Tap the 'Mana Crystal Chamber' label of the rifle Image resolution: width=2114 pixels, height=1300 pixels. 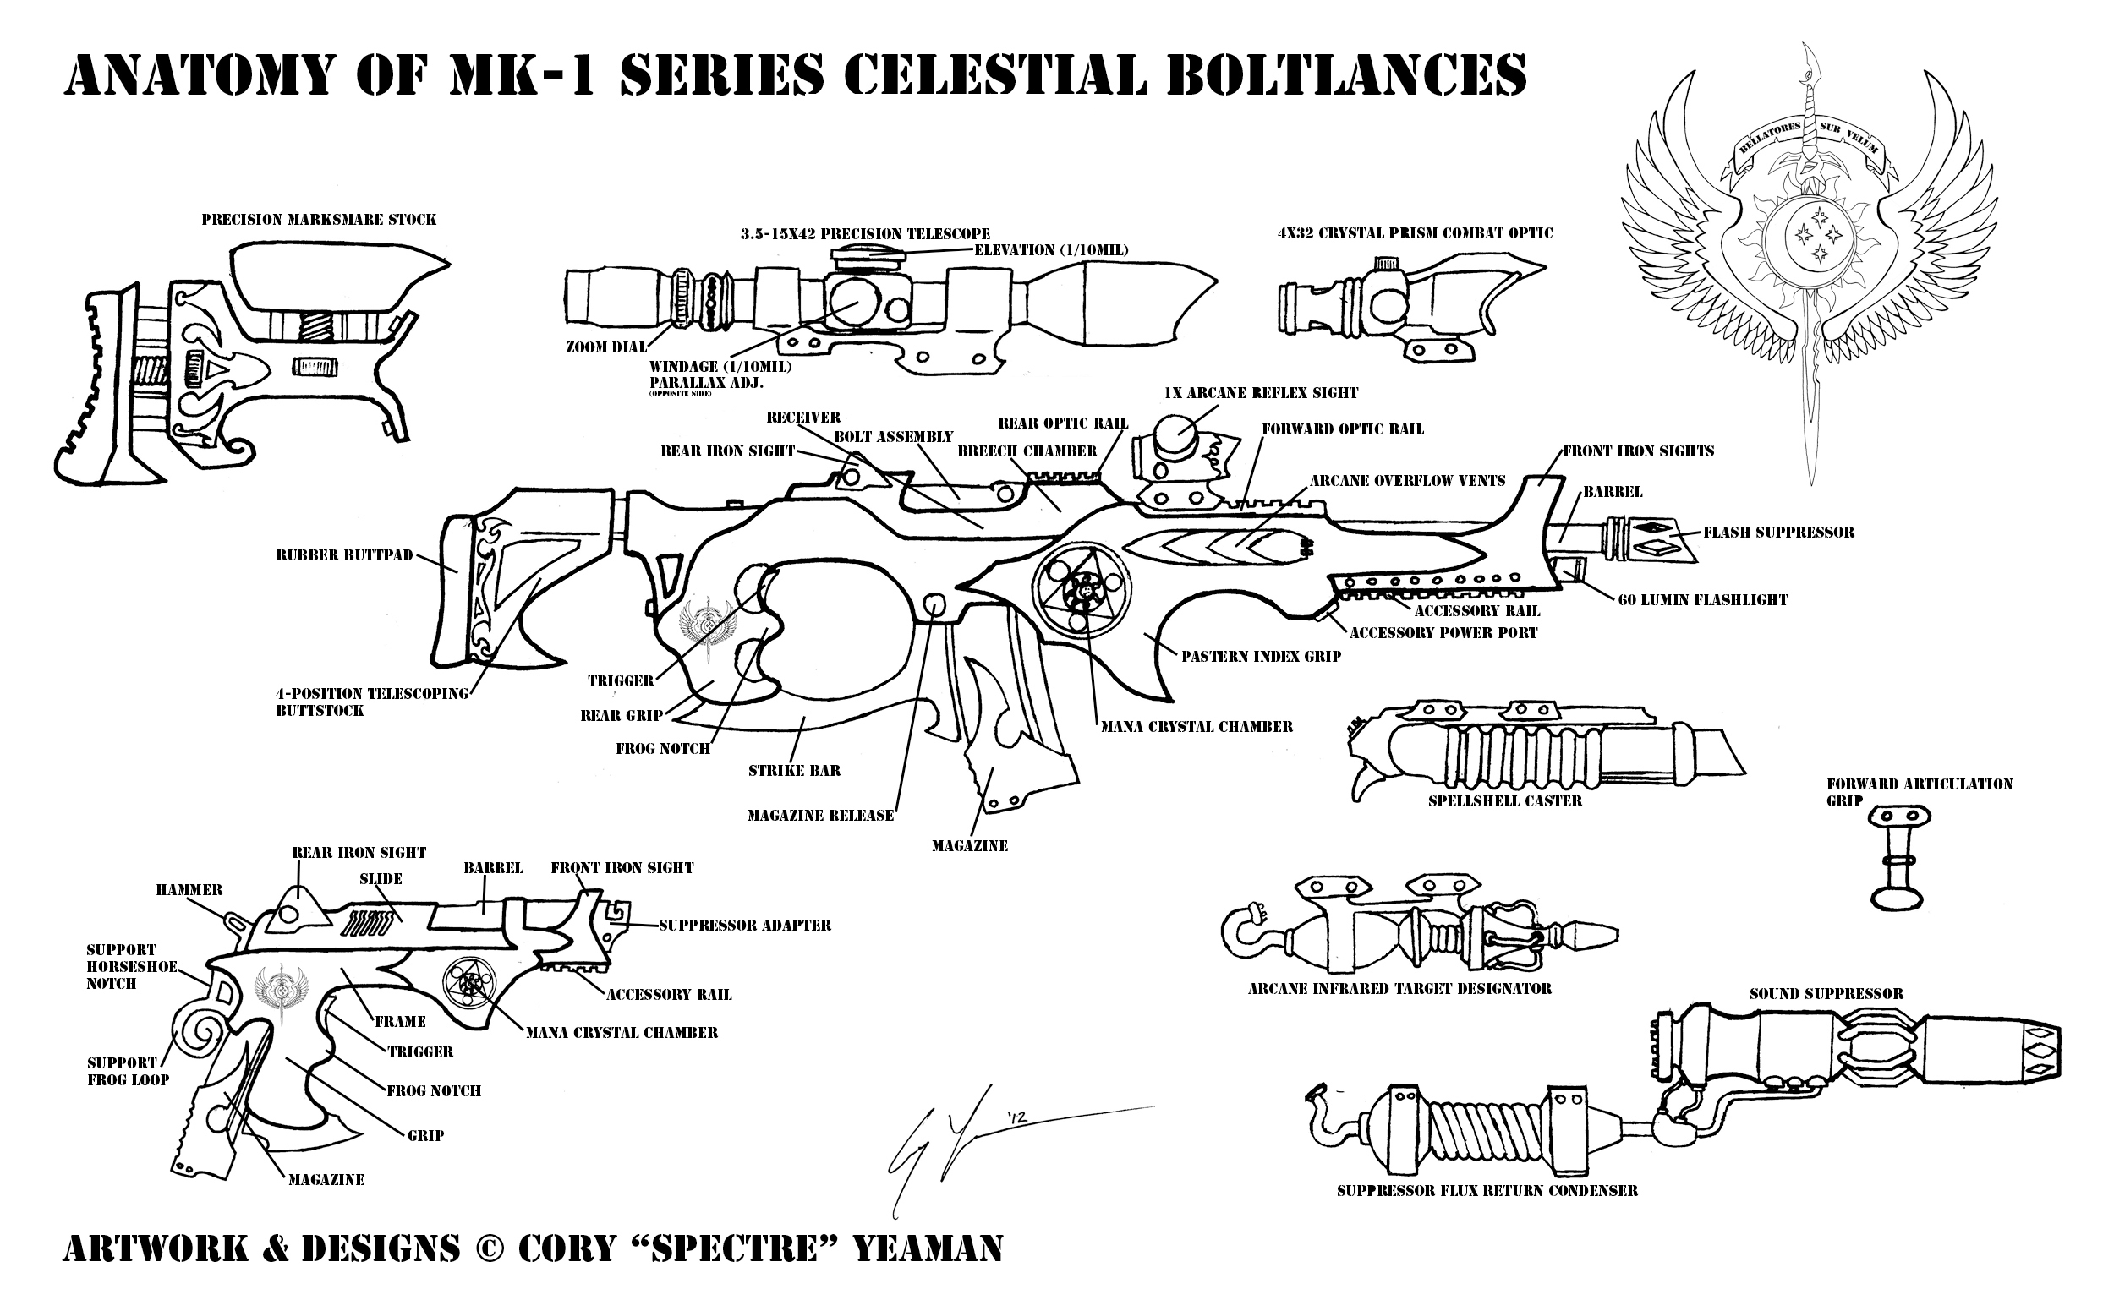click(x=1197, y=727)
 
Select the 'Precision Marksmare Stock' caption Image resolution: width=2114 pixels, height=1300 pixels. click(x=318, y=219)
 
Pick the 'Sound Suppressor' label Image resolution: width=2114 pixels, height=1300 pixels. click(x=1826, y=994)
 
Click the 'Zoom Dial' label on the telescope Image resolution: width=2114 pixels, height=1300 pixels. click(x=605, y=347)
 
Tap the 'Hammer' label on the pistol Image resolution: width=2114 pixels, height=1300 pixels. click(x=189, y=890)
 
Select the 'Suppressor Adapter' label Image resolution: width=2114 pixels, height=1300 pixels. click(x=744, y=926)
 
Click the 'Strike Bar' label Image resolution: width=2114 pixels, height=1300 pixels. click(x=794, y=770)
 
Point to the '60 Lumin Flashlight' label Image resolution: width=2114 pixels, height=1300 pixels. click(x=1702, y=600)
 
